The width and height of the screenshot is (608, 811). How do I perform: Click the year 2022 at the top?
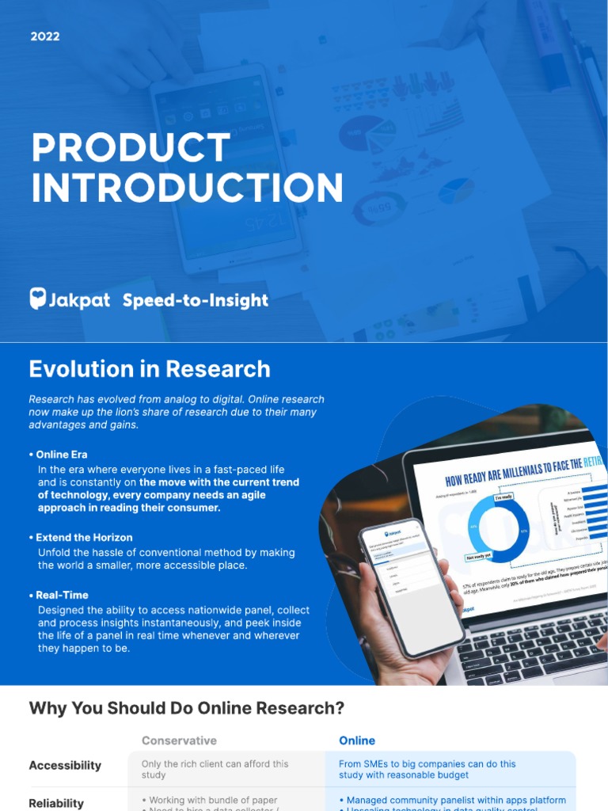click(x=45, y=36)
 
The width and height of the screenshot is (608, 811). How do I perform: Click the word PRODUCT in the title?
click(x=131, y=149)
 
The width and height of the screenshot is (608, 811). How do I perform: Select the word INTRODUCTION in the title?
click(x=187, y=188)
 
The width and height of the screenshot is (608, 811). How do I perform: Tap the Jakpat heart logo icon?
click(x=38, y=299)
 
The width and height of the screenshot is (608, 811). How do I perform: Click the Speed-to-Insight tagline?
click(x=196, y=300)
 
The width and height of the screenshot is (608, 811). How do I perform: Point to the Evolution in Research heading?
click(x=150, y=369)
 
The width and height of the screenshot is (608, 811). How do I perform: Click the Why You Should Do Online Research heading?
click(x=187, y=708)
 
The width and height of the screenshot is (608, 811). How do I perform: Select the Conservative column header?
click(x=179, y=741)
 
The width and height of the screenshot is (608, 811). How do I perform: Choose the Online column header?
click(x=357, y=741)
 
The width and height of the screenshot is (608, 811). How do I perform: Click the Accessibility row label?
click(x=65, y=765)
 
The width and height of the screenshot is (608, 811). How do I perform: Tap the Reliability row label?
click(x=56, y=803)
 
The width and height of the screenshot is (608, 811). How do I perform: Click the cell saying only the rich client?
click(x=215, y=769)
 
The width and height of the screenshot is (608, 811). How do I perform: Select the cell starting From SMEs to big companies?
click(x=427, y=769)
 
